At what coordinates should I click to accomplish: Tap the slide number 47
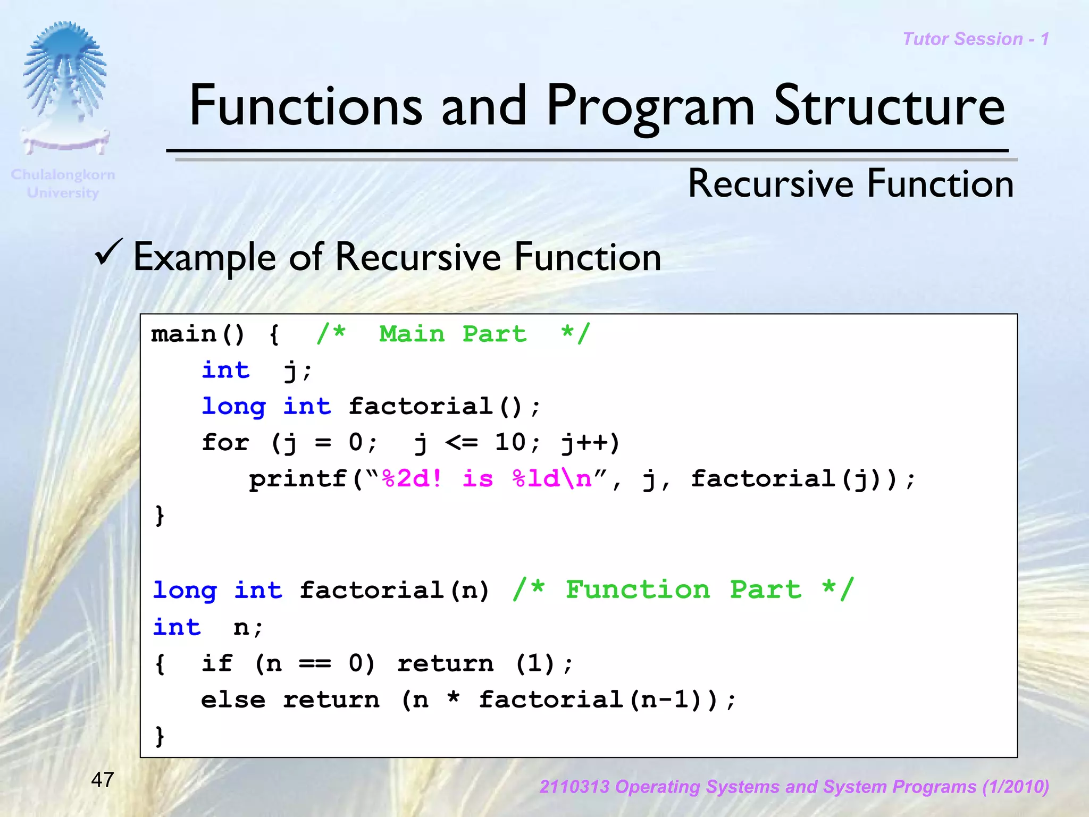coord(103,780)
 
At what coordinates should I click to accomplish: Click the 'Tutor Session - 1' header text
coord(976,39)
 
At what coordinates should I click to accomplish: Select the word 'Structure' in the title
coord(889,106)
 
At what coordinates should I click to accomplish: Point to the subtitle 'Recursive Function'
coord(851,184)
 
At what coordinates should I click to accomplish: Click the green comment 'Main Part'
coord(453,334)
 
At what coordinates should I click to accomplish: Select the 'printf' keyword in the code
coord(298,479)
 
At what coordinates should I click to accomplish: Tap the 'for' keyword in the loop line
coord(225,442)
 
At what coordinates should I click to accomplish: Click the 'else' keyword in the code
coord(233,700)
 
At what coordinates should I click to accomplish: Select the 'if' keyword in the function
coord(216,663)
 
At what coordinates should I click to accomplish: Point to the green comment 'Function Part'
coord(683,590)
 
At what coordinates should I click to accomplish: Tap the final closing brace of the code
coord(160,737)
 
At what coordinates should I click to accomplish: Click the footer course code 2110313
coord(574,787)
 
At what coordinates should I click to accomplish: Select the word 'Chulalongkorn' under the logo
coord(63,174)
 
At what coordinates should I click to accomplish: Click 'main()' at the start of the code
coord(197,334)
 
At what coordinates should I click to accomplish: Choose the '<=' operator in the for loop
coord(461,442)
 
